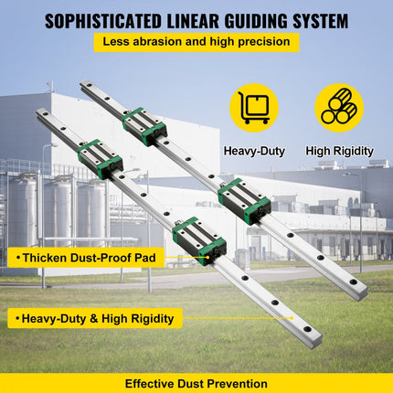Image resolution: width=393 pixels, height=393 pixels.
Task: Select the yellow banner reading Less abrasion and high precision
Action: point(196,41)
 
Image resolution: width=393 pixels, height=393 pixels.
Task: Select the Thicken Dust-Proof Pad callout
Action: point(84,259)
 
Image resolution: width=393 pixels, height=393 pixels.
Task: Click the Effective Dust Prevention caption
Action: point(196,384)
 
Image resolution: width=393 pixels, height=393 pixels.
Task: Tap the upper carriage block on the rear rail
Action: point(144,126)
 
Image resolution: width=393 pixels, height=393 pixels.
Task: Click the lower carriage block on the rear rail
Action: point(244,198)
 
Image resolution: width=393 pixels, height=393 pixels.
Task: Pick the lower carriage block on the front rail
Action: point(198,237)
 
